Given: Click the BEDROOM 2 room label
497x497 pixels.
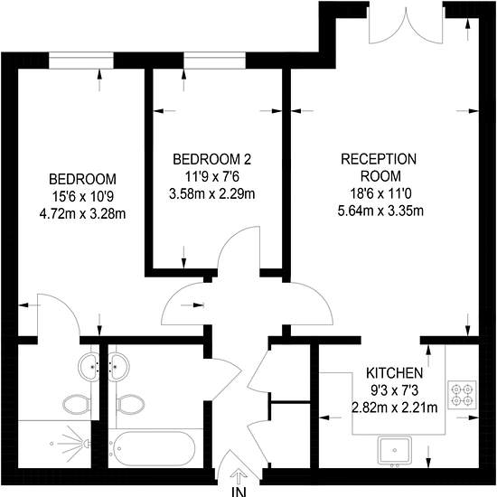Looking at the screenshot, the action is [212, 159].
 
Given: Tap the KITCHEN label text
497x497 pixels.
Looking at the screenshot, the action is [394, 373].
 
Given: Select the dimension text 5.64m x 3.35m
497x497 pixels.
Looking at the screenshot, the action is [380, 211].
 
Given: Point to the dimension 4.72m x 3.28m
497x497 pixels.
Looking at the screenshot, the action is [82, 214].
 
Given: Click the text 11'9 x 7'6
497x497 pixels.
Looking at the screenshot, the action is [212, 176].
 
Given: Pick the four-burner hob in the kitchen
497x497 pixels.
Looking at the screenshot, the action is [462, 395].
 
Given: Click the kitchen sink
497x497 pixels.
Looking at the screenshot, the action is [395, 450].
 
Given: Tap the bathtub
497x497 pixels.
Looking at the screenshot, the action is [152, 448].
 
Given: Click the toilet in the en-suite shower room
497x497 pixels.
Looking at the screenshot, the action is [77, 405].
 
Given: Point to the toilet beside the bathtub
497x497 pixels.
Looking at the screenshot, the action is [130, 405].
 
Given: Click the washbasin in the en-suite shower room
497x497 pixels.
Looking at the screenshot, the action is [89, 367].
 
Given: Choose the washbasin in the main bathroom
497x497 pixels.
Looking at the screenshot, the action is [119, 367].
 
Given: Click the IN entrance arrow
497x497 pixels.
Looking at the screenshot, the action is [239, 477].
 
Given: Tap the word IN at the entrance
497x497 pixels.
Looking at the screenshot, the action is [239, 492].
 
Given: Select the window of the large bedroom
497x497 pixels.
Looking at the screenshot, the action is [81, 61].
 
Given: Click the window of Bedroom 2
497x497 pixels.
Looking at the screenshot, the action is [214, 61].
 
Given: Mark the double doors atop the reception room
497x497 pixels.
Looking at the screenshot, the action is [406, 23].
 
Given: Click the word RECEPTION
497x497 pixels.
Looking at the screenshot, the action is [379, 159].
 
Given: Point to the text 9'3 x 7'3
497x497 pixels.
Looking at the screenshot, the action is [395, 390].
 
